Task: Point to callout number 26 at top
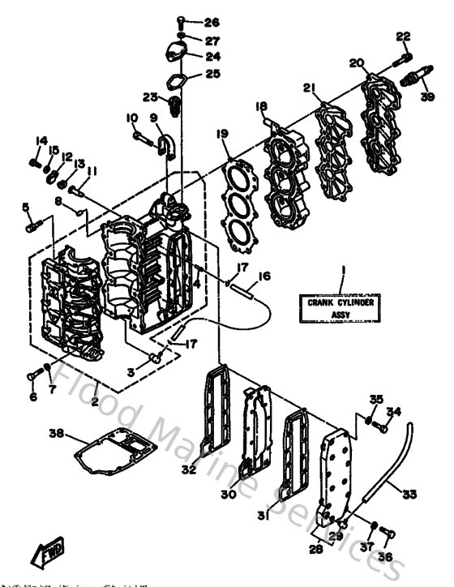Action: coord(212,22)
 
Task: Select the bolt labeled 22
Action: coord(401,54)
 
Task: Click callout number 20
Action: coord(356,62)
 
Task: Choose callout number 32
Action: coord(189,468)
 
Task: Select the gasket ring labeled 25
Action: coord(179,82)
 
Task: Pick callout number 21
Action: coord(308,88)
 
